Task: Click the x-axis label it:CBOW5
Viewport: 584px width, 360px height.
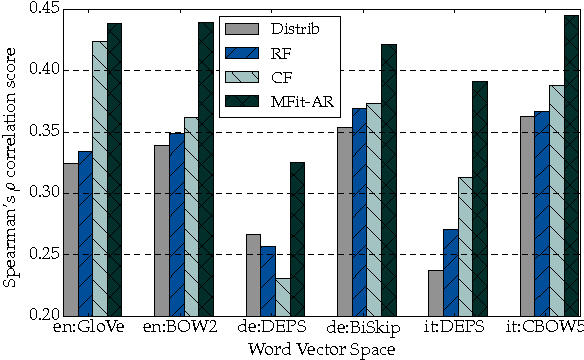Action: click(x=542, y=327)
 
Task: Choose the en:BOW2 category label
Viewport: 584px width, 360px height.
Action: click(x=176, y=327)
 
